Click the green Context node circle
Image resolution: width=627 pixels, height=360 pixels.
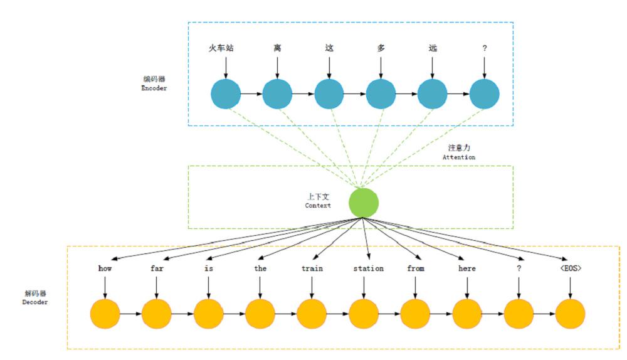click(x=363, y=203)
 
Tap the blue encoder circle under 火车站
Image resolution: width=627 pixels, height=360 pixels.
click(x=226, y=94)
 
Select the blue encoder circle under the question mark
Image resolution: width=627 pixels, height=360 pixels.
click(x=485, y=94)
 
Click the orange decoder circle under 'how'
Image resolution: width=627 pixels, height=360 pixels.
click(x=105, y=314)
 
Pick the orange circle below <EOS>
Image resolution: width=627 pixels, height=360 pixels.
click(x=570, y=314)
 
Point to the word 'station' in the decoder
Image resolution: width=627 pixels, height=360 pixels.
click(x=368, y=268)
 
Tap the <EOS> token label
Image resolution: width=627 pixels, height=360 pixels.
click(x=570, y=268)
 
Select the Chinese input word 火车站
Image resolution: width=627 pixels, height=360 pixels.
click(x=221, y=48)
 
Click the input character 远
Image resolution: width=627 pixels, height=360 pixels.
click(x=432, y=48)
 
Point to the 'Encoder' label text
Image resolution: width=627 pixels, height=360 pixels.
click(x=154, y=88)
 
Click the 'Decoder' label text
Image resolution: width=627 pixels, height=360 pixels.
click(x=34, y=302)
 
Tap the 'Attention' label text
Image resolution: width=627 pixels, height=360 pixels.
click(x=459, y=157)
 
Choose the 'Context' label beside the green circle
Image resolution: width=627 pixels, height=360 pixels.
click(x=318, y=206)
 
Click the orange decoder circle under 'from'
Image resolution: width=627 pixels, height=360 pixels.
click(x=415, y=314)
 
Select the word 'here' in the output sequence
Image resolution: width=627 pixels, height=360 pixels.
click(x=467, y=268)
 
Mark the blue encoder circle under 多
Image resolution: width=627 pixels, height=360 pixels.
click(x=381, y=94)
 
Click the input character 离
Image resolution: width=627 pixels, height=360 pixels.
click(x=277, y=48)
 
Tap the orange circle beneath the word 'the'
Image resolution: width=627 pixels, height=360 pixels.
click(x=260, y=314)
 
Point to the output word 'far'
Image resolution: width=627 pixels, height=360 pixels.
click(x=156, y=268)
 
